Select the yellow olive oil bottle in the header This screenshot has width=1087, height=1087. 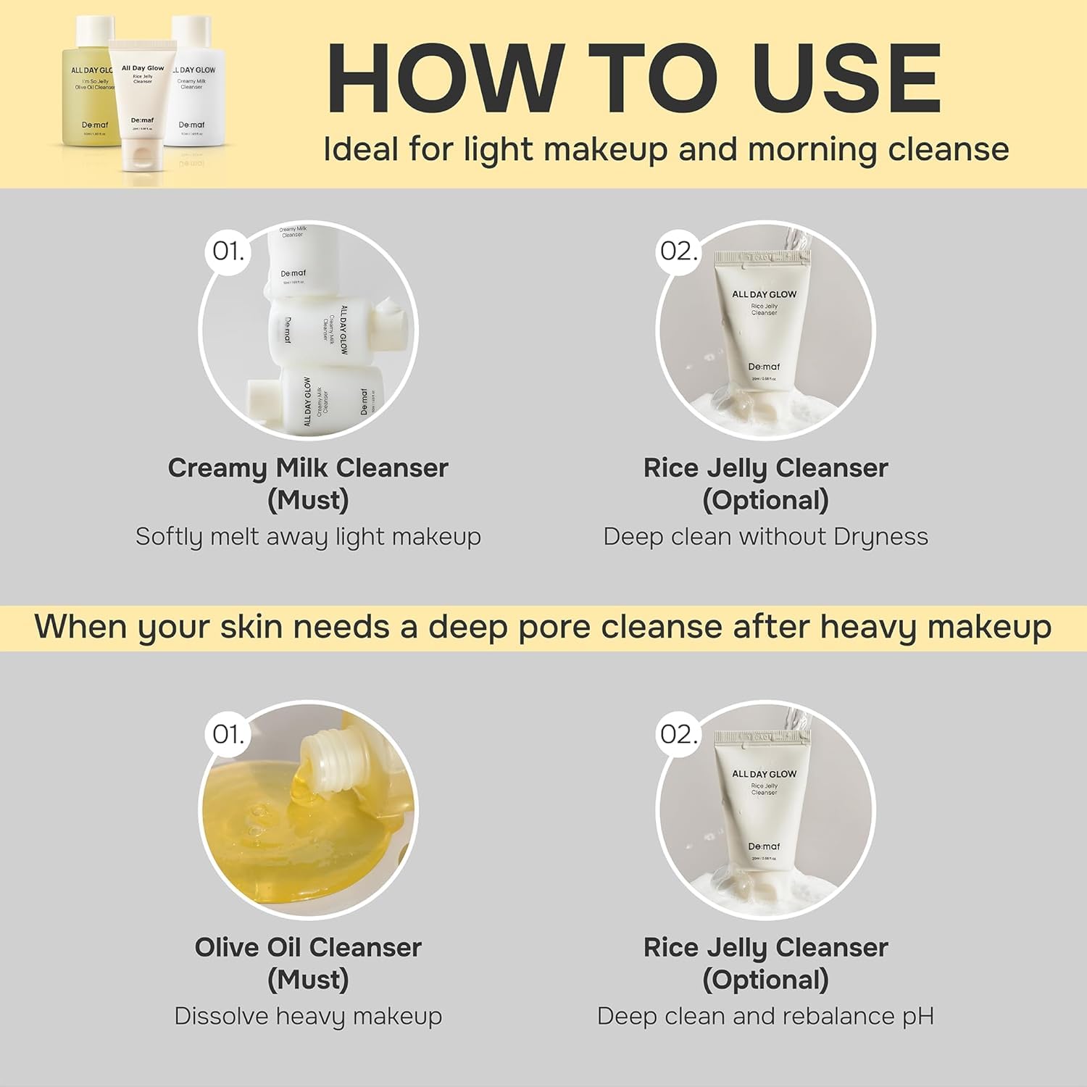click(x=90, y=87)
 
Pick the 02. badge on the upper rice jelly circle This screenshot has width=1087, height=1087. click(x=678, y=251)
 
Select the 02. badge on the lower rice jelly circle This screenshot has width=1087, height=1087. click(x=678, y=734)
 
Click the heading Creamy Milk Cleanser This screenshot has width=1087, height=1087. click(x=308, y=468)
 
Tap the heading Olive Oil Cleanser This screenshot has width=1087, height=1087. click(x=308, y=948)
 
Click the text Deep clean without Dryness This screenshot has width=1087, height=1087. click(x=765, y=536)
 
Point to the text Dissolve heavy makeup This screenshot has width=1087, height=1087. click(x=308, y=1016)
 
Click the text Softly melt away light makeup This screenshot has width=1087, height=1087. click(x=308, y=536)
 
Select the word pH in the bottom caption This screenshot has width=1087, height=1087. click(x=917, y=1016)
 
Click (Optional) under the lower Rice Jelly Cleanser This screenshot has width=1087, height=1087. click(x=765, y=980)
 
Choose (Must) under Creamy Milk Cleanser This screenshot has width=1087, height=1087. click(x=308, y=500)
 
